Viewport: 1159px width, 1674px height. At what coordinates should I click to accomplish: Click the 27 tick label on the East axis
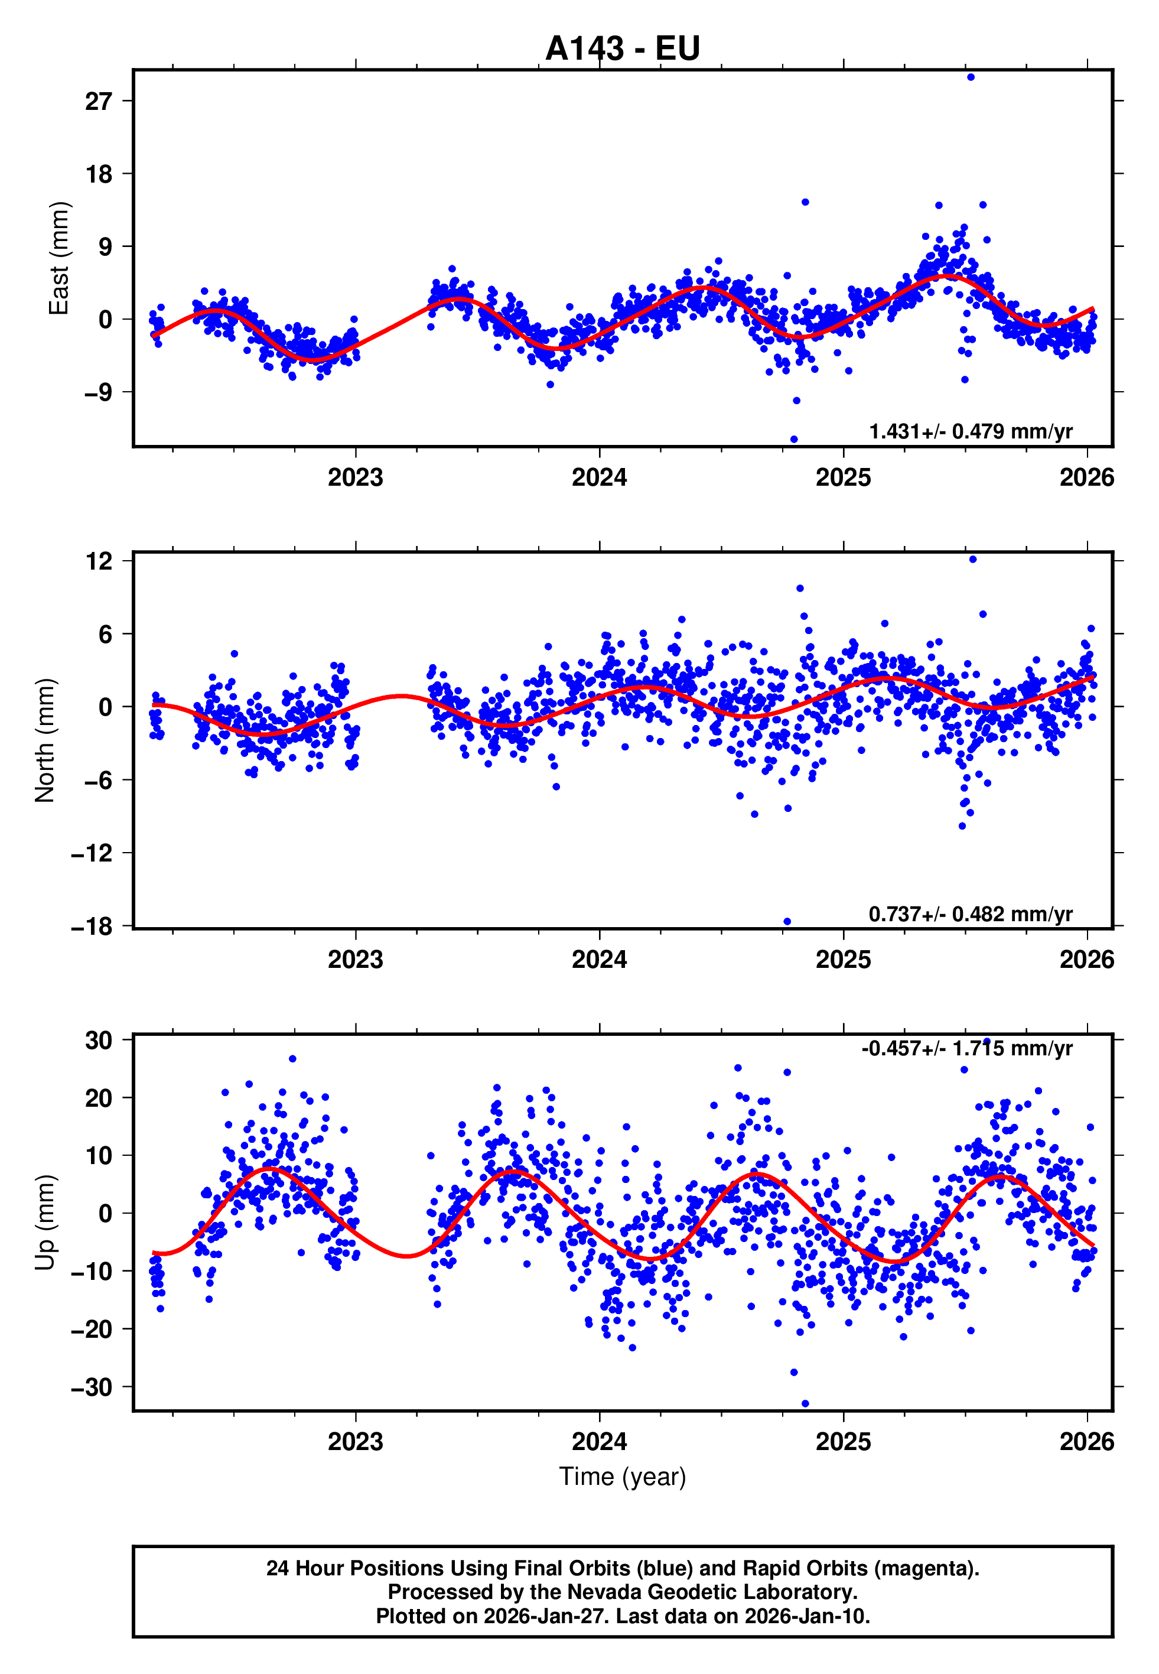coord(98,101)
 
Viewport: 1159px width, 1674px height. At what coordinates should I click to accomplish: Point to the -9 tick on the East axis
coord(98,393)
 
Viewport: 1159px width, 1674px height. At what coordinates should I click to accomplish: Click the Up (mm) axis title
coord(45,1221)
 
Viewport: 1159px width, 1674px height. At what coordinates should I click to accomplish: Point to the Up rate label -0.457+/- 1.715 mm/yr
coord(966,1048)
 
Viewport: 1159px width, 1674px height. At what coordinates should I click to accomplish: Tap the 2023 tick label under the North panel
coord(355,960)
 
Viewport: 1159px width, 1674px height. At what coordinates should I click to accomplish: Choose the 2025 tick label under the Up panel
coord(843,1441)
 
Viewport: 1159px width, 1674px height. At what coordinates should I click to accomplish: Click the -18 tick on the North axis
coord(92,927)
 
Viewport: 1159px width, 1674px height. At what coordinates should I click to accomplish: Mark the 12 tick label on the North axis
coord(98,561)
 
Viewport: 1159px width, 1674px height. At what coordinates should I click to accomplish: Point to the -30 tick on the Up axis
coord(92,1387)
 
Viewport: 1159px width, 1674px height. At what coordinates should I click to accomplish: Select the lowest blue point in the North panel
coord(787,922)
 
